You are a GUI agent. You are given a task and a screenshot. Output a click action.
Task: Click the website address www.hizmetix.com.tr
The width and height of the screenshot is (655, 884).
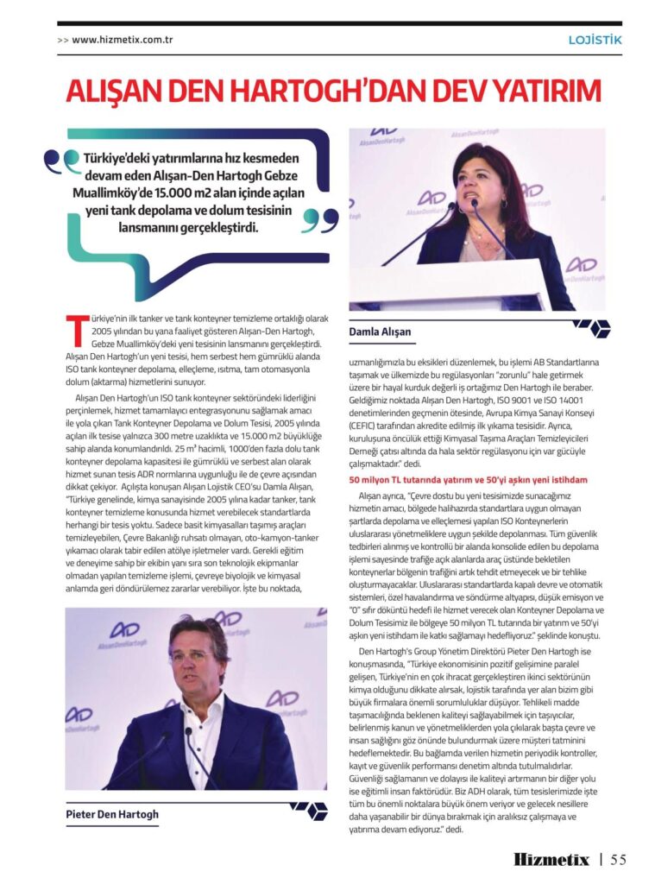[124, 39]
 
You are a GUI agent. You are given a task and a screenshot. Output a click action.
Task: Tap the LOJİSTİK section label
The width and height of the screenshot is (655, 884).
[595, 39]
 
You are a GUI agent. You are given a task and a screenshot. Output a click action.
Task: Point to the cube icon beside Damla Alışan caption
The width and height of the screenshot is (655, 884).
[592, 327]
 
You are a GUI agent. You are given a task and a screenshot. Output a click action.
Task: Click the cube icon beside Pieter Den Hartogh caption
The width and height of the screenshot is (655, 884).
[308, 809]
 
